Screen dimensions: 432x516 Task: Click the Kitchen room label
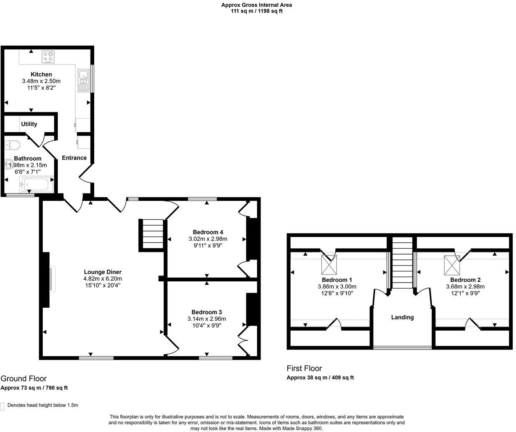pyautogui.click(x=41, y=75)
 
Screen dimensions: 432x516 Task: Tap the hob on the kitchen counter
pyautogui.click(x=48, y=57)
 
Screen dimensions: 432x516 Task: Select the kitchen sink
pyautogui.click(x=83, y=80)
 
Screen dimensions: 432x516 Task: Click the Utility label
pyautogui.click(x=29, y=124)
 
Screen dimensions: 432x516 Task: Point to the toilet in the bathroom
pyautogui.click(x=13, y=145)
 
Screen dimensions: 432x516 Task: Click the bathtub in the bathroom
pyautogui.click(x=36, y=184)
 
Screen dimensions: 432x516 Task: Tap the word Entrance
pyautogui.click(x=74, y=158)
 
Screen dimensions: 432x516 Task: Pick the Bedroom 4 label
pyautogui.click(x=208, y=232)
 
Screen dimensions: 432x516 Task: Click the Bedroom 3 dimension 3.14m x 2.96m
pyautogui.click(x=206, y=319)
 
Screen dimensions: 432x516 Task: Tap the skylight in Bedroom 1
pyautogui.click(x=328, y=264)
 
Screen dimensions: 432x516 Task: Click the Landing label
pyautogui.click(x=402, y=317)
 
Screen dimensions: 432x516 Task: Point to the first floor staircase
pyautogui.click(x=402, y=264)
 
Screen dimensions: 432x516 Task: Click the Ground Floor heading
pyautogui.click(x=23, y=378)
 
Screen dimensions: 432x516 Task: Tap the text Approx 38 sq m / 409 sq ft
pyautogui.click(x=320, y=378)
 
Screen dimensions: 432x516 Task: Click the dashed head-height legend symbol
pyautogui.click(x=3, y=406)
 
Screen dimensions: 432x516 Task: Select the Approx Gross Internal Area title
pyautogui.click(x=256, y=5)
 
